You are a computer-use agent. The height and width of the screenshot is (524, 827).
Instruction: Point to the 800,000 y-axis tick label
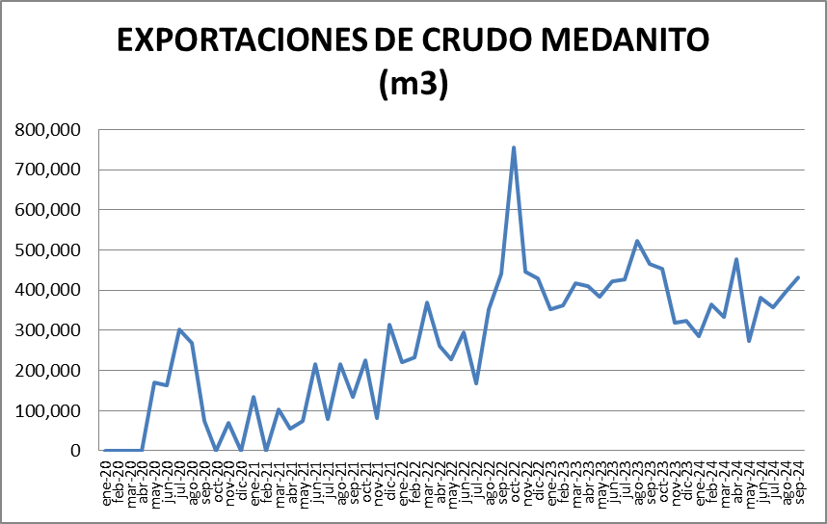coord(48,130)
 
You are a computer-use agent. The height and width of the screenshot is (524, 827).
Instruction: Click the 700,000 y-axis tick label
coord(48,170)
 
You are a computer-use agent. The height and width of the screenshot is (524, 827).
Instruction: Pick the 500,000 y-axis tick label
coord(48,250)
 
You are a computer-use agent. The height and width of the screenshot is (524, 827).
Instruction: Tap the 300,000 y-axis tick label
coord(48,330)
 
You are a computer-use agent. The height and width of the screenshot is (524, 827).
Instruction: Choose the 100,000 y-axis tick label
coord(48,411)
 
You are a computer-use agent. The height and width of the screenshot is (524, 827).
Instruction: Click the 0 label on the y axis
coord(76,451)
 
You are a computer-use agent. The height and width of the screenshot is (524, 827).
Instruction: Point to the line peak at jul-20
coord(179,329)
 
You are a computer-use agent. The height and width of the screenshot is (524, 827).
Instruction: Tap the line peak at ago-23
coord(637,241)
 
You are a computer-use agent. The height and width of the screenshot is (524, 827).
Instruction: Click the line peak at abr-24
coord(736,259)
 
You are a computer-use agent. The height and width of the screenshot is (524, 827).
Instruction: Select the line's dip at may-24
coord(749,341)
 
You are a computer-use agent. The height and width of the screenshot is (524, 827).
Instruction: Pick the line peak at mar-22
coord(427,302)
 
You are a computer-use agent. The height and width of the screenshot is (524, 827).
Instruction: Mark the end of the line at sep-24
coord(799,277)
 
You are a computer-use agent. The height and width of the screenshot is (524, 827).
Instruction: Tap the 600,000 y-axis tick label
coord(48,210)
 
